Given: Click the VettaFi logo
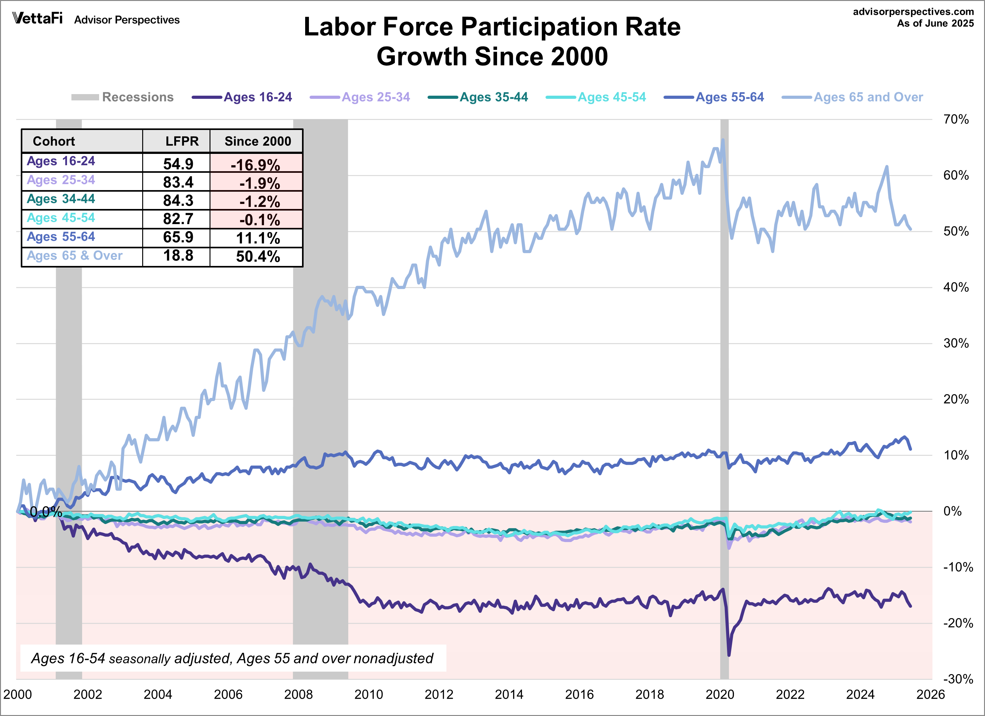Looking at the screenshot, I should point(37,18).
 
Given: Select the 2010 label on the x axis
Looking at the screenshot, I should point(368,694).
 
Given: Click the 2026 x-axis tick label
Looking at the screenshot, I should point(930,694).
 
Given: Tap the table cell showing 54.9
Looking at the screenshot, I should point(178,164).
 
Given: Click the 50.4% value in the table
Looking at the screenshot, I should point(258,256).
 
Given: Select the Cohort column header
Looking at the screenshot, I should point(54,141).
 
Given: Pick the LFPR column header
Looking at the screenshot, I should point(182,141).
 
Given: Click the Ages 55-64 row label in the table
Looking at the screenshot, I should point(61,237).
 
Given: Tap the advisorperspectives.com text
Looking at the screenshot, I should point(913,12).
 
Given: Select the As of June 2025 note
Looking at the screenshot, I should point(935,24).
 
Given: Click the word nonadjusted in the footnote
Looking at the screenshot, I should point(394,659).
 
